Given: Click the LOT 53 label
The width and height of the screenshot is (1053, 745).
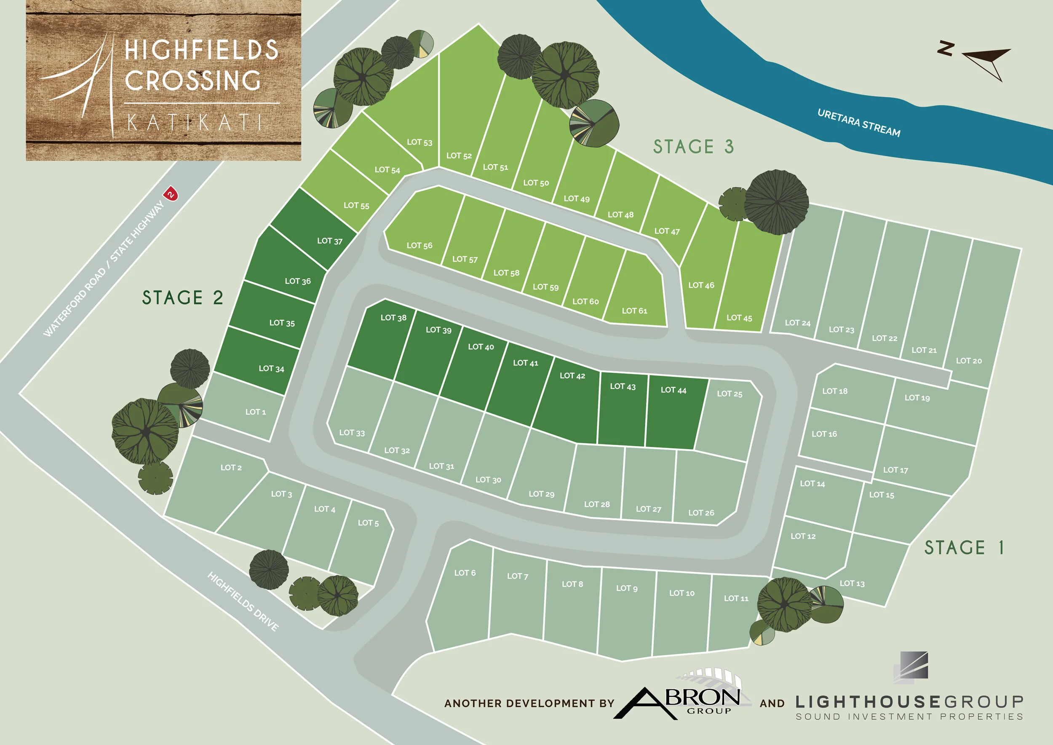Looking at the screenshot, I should [419, 142].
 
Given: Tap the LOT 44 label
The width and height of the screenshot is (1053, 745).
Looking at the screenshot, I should [673, 390].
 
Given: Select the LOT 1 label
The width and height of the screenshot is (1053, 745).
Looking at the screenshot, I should [255, 412].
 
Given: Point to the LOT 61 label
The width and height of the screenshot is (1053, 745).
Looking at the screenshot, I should [634, 311].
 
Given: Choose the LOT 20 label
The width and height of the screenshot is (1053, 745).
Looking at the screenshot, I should [969, 361].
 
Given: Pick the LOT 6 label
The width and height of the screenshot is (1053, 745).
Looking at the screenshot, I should [465, 573].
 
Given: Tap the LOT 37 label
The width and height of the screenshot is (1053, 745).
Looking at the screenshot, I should [330, 241].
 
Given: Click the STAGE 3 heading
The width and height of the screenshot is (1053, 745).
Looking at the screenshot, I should [693, 147].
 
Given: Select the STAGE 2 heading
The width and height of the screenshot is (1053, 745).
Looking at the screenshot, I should [182, 298].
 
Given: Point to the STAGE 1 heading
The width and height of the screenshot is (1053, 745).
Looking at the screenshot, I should [964, 548].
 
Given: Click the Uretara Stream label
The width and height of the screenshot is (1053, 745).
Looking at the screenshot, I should [858, 123].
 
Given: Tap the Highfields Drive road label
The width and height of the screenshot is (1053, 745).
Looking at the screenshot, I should [243, 601].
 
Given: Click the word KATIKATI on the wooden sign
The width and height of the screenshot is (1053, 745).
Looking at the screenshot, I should [195, 123].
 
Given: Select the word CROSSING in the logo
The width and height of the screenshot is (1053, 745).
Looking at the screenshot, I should [192, 81].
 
